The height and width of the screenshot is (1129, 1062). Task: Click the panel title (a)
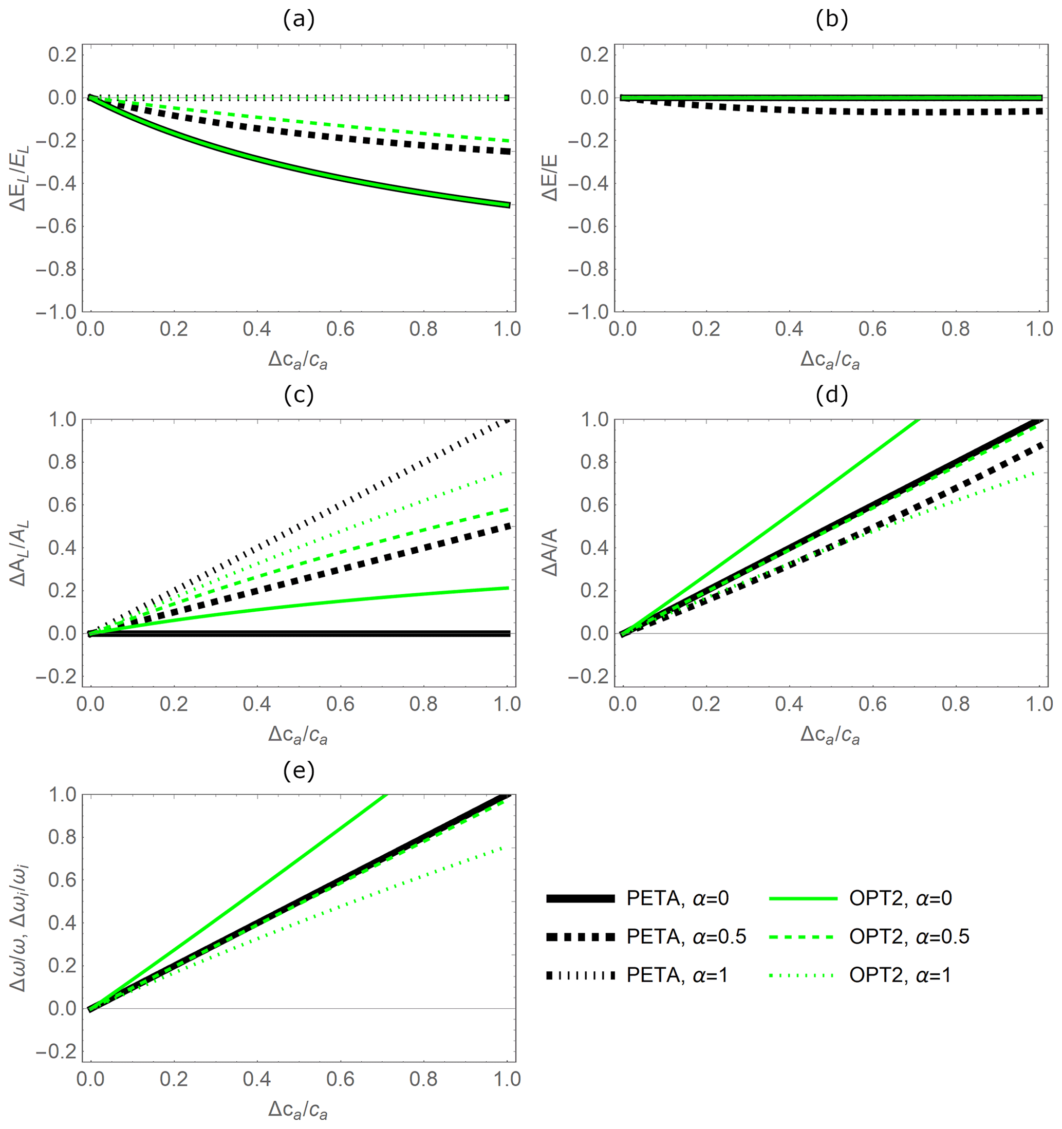coord(298,20)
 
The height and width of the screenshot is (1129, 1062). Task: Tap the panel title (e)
coord(298,770)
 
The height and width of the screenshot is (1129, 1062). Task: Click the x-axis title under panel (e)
coord(298,1111)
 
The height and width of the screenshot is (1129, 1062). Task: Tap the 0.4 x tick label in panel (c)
coord(257,704)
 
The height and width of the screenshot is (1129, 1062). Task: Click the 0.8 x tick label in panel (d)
coord(956,704)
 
